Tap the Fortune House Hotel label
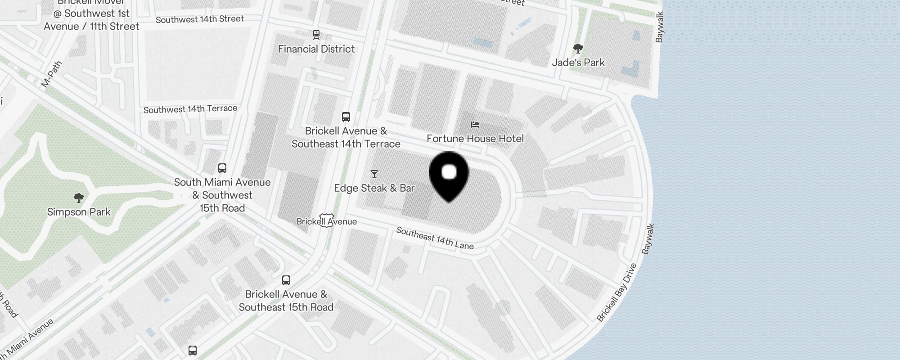pyautogui.click(x=475, y=139)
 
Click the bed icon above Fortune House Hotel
pyautogui.click(x=475, y=125)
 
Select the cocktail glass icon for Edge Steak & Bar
pyautogui.click(x=374, y=174)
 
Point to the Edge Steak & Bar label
pyautogui.click(x=374, y=188)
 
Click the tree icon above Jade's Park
pyautogui.click(x=578, y=49)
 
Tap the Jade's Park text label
pyautogui.click(x=578, y=63)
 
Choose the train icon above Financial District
pyautogui.click(x=316, y=35)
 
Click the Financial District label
pyautogui.click(x=316, y=49)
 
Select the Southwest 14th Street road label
pyautogui.click(x=200, y=19)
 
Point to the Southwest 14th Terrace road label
pyautogui.click(x=190, y=109)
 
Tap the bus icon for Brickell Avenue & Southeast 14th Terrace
pyautogui.click(x=346, y=117)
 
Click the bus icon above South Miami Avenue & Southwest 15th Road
pyautogui.click(x=222, y=168)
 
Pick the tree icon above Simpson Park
pyautogui.click(x=79, y=198)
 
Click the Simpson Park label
pyautogui.click(x=79, y=212)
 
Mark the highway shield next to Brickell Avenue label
pyautogui.click(x=327, y=220)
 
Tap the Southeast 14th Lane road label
pyautogui.click(x=435, y=238)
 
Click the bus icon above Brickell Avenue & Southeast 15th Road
pyautogui.click(x=286, y=280)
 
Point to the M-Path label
pyautogui.click(x=51, y=74)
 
